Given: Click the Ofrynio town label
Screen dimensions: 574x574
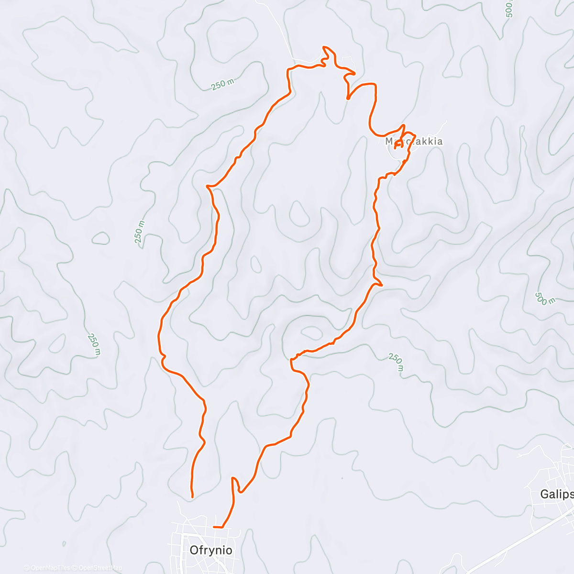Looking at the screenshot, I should pos(211,550).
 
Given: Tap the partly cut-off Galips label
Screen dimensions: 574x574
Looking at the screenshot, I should pos(557,494).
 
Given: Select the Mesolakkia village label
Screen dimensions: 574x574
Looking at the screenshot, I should pos(414,142).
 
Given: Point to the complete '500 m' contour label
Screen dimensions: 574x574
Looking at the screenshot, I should pos(545,298).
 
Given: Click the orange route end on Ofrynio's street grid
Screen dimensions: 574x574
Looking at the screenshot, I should pos(214,527).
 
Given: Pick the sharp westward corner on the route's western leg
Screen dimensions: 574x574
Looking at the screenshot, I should pos(207,186).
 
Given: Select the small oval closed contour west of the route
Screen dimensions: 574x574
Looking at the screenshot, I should pos(100,238).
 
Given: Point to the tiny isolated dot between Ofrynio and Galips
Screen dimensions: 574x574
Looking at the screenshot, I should pos(342,477).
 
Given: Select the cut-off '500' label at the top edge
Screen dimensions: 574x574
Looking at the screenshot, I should pos(509,9).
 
